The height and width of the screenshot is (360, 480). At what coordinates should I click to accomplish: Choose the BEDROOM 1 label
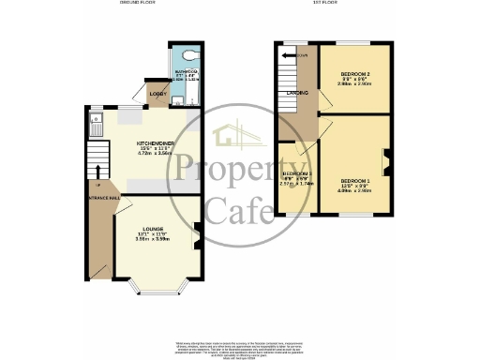click(356, 180)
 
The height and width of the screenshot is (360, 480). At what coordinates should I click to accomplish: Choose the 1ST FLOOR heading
click(325, 5)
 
